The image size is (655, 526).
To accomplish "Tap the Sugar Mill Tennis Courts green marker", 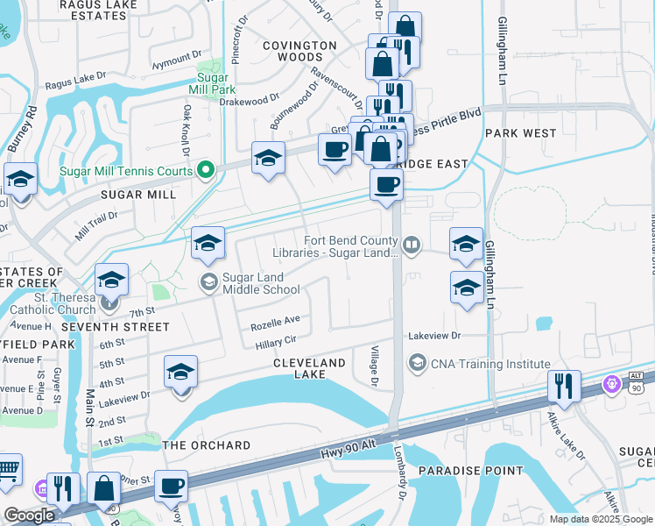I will (x=207, y=169).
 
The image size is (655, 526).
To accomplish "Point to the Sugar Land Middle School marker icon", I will (x=208, y=281).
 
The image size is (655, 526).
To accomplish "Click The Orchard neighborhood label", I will (x=207, y=445).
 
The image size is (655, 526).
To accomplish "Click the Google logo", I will (x=30, y=515).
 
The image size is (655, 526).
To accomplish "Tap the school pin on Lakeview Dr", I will (x=180, y=374).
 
